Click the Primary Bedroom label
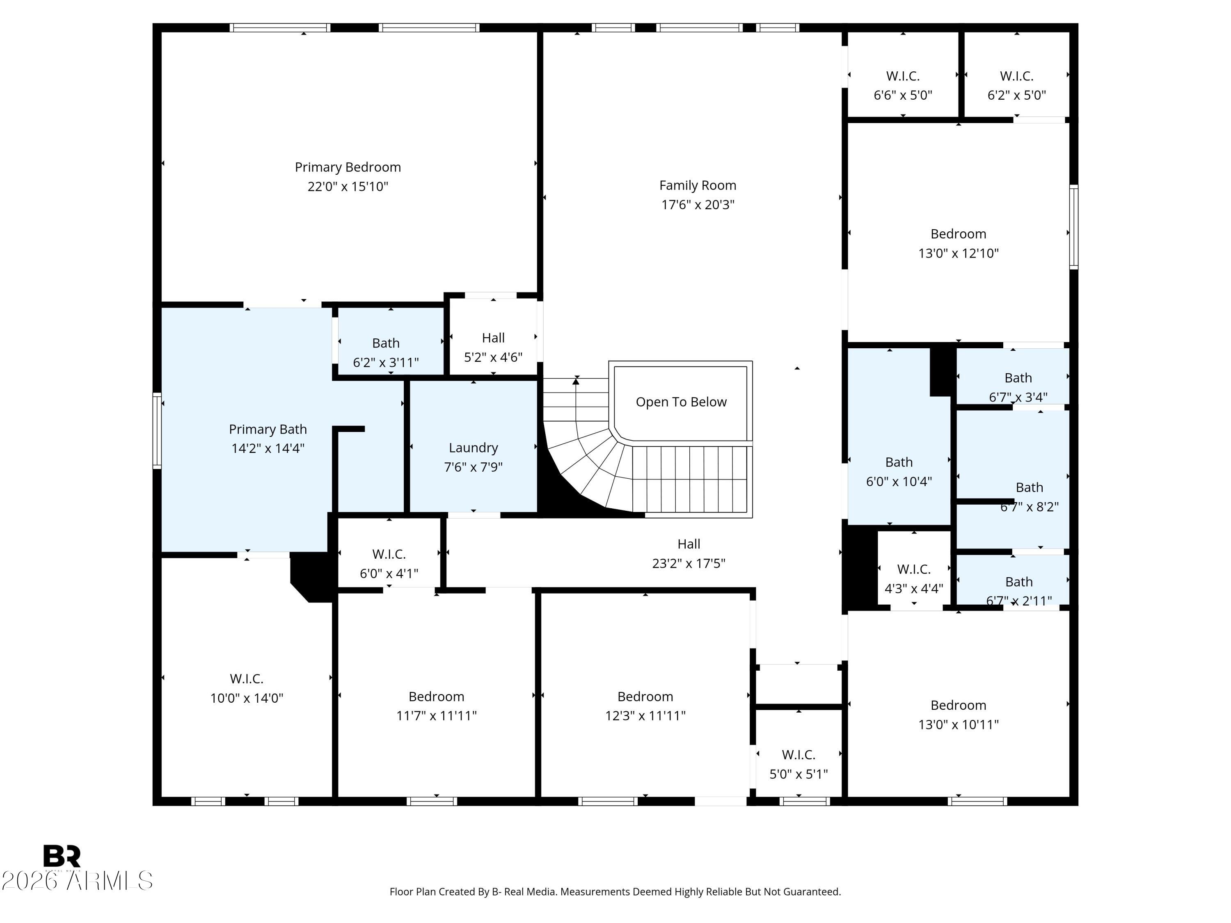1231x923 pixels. (348, 167)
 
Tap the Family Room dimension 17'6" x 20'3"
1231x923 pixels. (698, 205)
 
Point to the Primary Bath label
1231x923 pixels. (268, 430)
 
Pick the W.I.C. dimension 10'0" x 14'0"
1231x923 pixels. (247, 698)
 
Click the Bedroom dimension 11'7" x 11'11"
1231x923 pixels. (436, 716)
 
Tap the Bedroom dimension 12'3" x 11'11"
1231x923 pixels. (645, 716)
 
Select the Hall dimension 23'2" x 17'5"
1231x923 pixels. (689, 564)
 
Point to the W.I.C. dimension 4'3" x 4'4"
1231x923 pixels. (914, 589)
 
